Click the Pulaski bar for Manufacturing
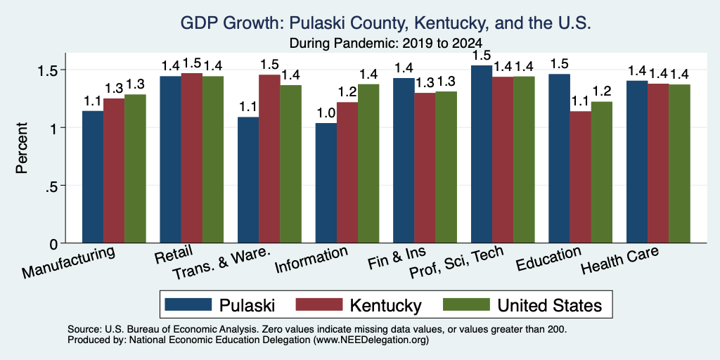coord(93,176)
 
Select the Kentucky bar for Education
coord(580,176)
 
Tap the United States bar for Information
coord(368,163)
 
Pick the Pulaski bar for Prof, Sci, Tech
coord(482,154)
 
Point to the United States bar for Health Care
coord(680,163)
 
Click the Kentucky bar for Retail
coord(191,158)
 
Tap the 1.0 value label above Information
coord(326,113)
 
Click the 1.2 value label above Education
coord(602,92)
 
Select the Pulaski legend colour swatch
coord(188,304)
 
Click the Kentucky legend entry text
coord(386,305)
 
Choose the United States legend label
coord(550,305)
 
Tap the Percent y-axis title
coord(22,148)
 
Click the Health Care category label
coord(620,259)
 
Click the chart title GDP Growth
coord(386,22)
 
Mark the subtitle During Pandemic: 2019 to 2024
coord(386,44)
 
